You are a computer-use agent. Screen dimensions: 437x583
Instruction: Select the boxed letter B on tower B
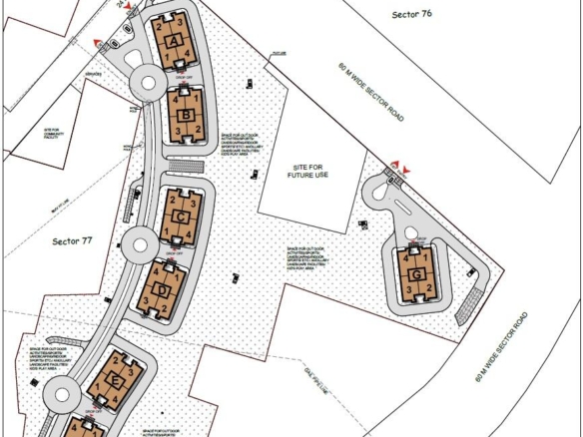186,115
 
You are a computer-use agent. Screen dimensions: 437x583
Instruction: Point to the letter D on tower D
163,289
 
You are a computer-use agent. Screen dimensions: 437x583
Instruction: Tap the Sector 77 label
73,240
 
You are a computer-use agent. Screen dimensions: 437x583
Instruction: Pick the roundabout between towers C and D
135,240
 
